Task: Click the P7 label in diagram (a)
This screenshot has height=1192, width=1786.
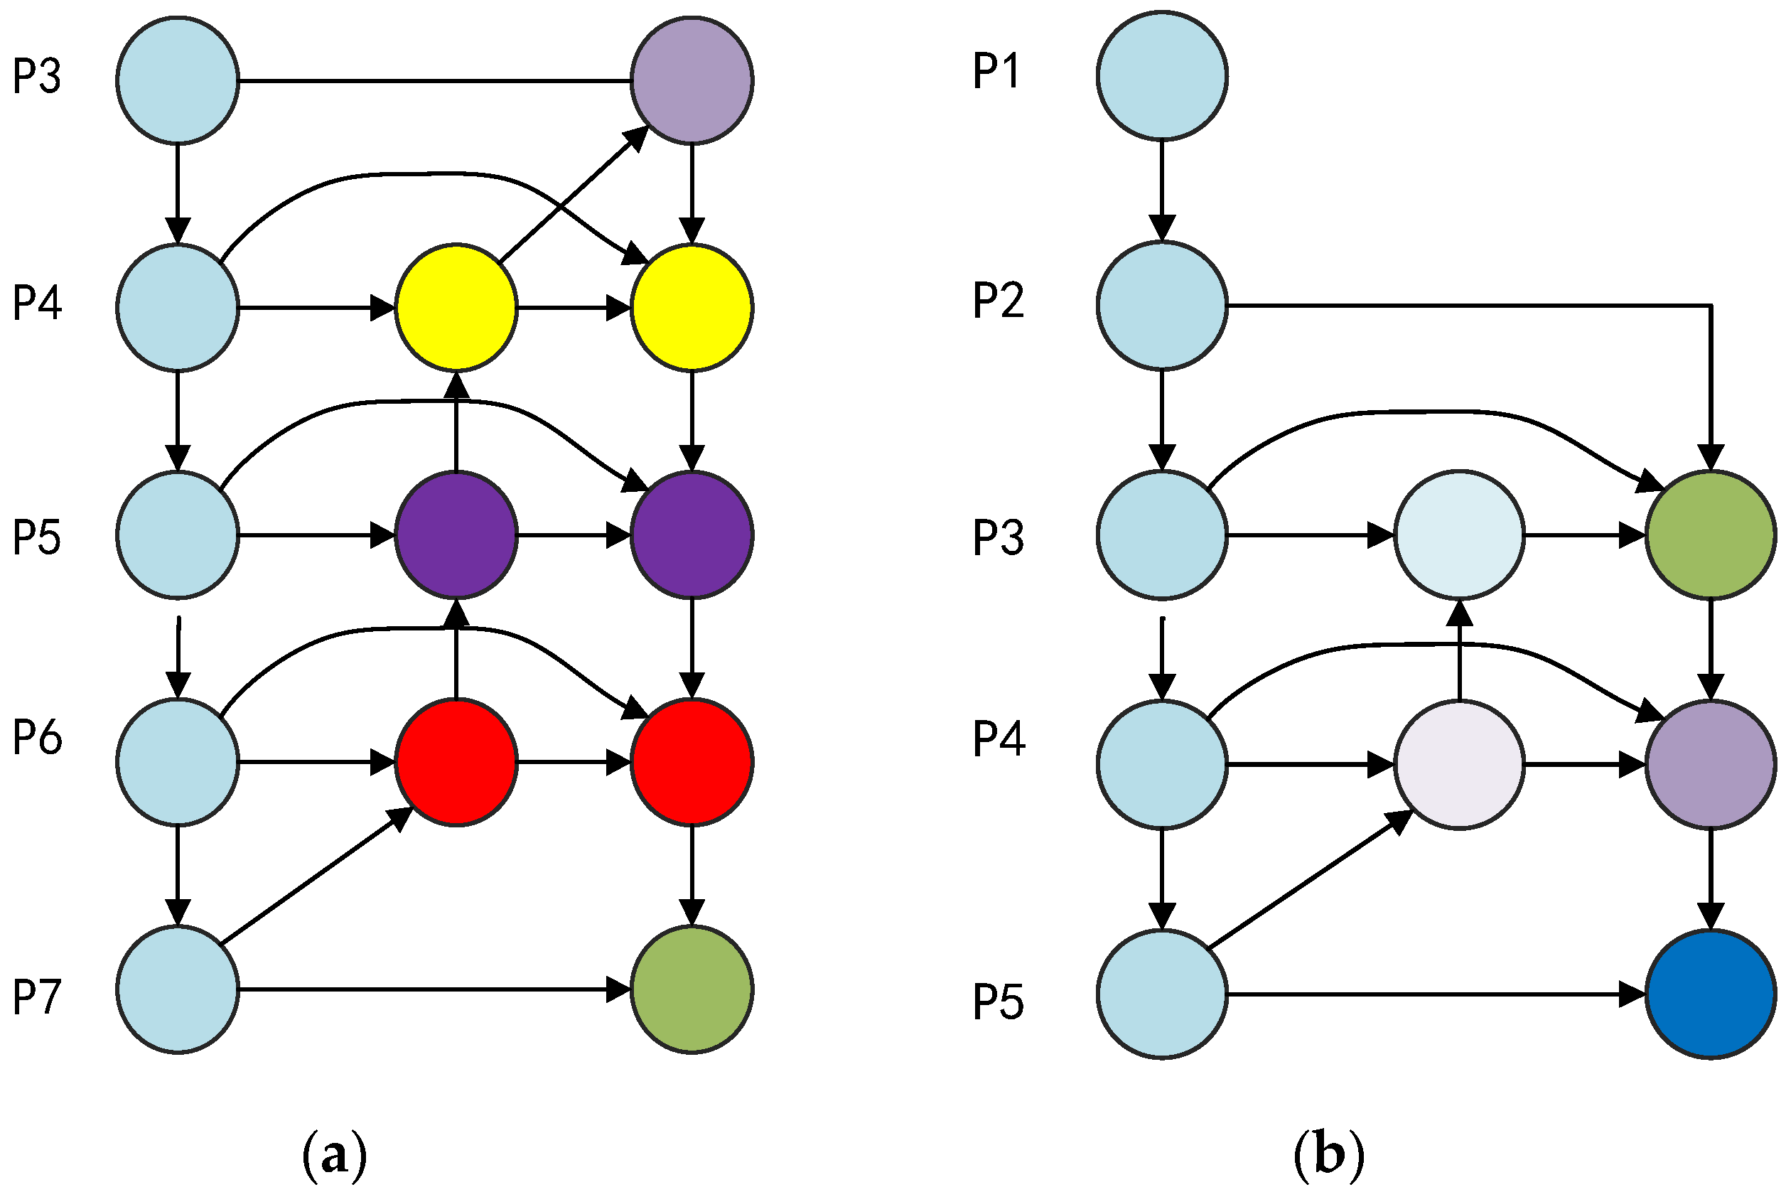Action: coord(36,997)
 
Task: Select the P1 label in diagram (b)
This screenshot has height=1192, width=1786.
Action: coord(996,72)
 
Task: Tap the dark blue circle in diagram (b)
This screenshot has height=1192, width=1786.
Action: coord(1711,994)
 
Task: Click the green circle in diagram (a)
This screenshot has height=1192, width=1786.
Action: coord(692,989)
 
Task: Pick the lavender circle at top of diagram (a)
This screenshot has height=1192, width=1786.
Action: coord(692,80)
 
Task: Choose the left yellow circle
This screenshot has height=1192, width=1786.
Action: coord(456,307)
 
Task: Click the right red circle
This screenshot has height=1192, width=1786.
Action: coord(692,762)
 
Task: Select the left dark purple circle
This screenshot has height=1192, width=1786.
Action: coord(456,535)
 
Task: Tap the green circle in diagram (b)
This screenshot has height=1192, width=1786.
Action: coord(1711,535)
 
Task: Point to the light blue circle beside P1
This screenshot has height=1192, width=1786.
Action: coord(1162,75)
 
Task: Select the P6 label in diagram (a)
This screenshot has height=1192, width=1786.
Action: coord(36,736)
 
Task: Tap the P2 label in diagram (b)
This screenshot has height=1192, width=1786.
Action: coord(998,299)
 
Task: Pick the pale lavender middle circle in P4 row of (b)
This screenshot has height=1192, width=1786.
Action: coord(1459,764)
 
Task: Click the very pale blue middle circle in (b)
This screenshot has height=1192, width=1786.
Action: coord(1459,535)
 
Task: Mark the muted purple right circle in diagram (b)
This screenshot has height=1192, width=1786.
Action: coord(1711,764)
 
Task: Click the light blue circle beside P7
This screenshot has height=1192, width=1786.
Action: coord(177,989)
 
